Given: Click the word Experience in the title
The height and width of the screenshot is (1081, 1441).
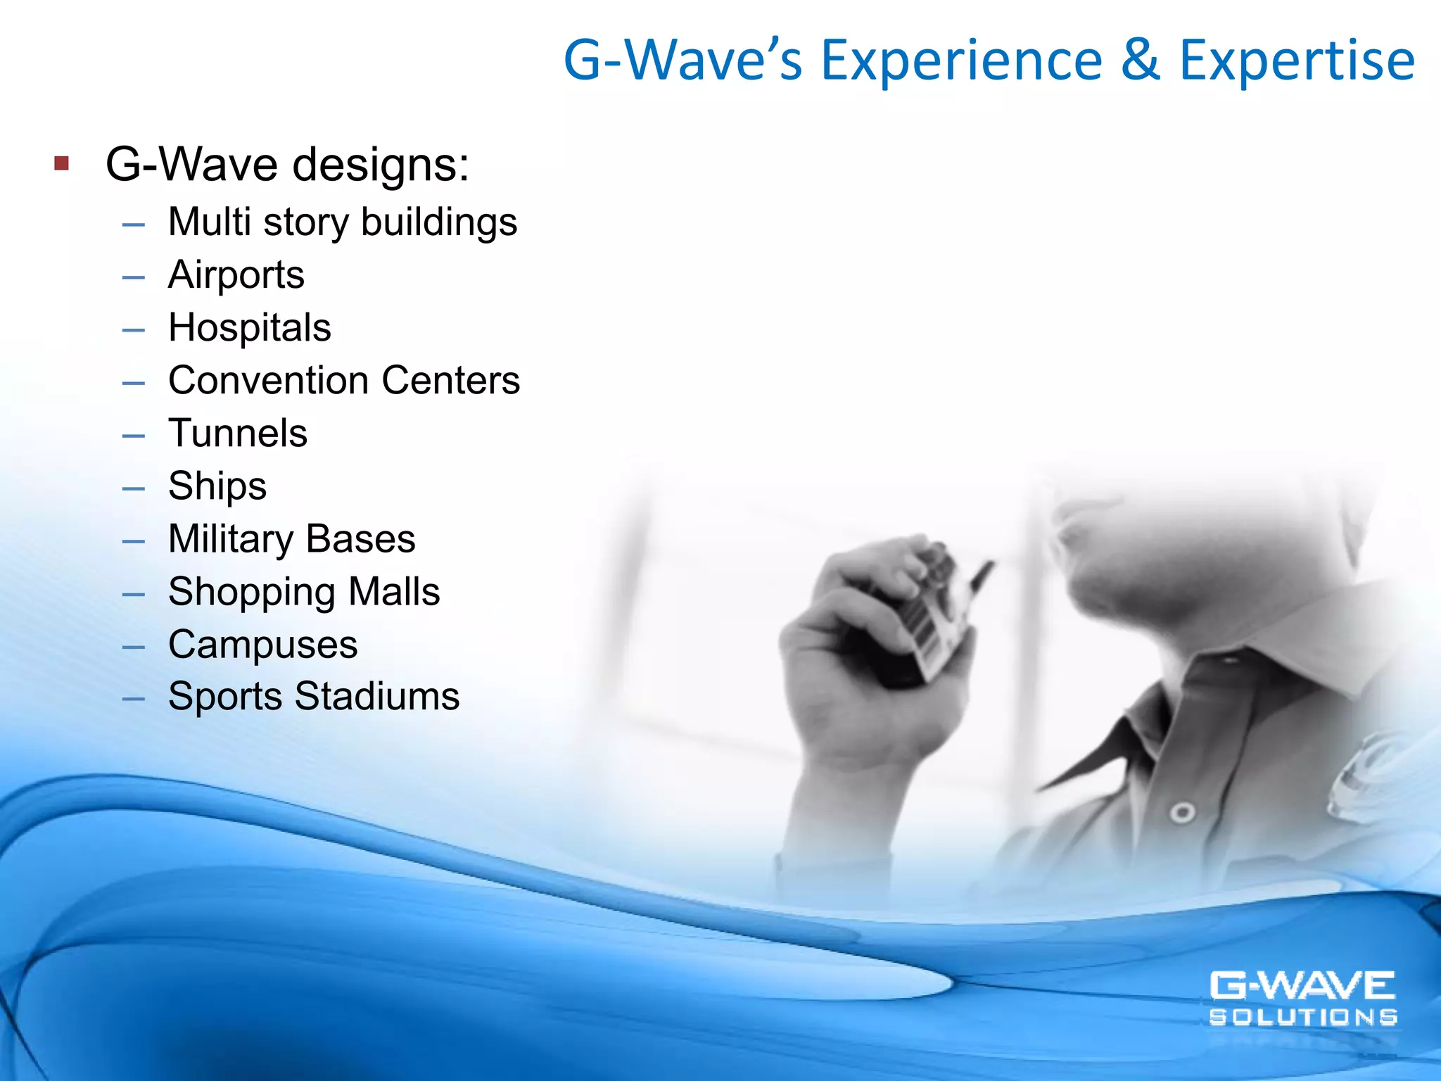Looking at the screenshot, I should [962, 61].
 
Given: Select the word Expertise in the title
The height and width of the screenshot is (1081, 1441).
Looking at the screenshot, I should [1297, 61].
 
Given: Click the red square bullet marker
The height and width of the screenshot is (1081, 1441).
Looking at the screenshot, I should [62, 164].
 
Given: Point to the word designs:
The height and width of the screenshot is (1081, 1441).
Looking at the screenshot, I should [381, 165].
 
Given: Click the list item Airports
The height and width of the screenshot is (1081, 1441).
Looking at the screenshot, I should [236, 274].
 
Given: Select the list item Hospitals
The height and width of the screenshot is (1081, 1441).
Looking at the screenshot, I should [250, 328].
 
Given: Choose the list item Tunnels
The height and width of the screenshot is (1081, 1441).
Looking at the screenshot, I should [238, 433].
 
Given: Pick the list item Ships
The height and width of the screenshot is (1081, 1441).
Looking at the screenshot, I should [217, 486].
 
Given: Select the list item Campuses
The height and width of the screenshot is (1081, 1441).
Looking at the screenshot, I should [262, 645].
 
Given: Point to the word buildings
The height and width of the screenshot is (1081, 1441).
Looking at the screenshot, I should [439, 222].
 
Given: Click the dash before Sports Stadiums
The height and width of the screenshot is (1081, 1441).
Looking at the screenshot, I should [133, 699].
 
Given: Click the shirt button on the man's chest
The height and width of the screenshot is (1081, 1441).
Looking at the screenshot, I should [1183, 814].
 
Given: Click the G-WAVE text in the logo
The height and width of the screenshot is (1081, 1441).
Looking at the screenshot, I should [1302, 986].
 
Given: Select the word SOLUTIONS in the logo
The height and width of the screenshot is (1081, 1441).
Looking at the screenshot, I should [1303, 1017].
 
